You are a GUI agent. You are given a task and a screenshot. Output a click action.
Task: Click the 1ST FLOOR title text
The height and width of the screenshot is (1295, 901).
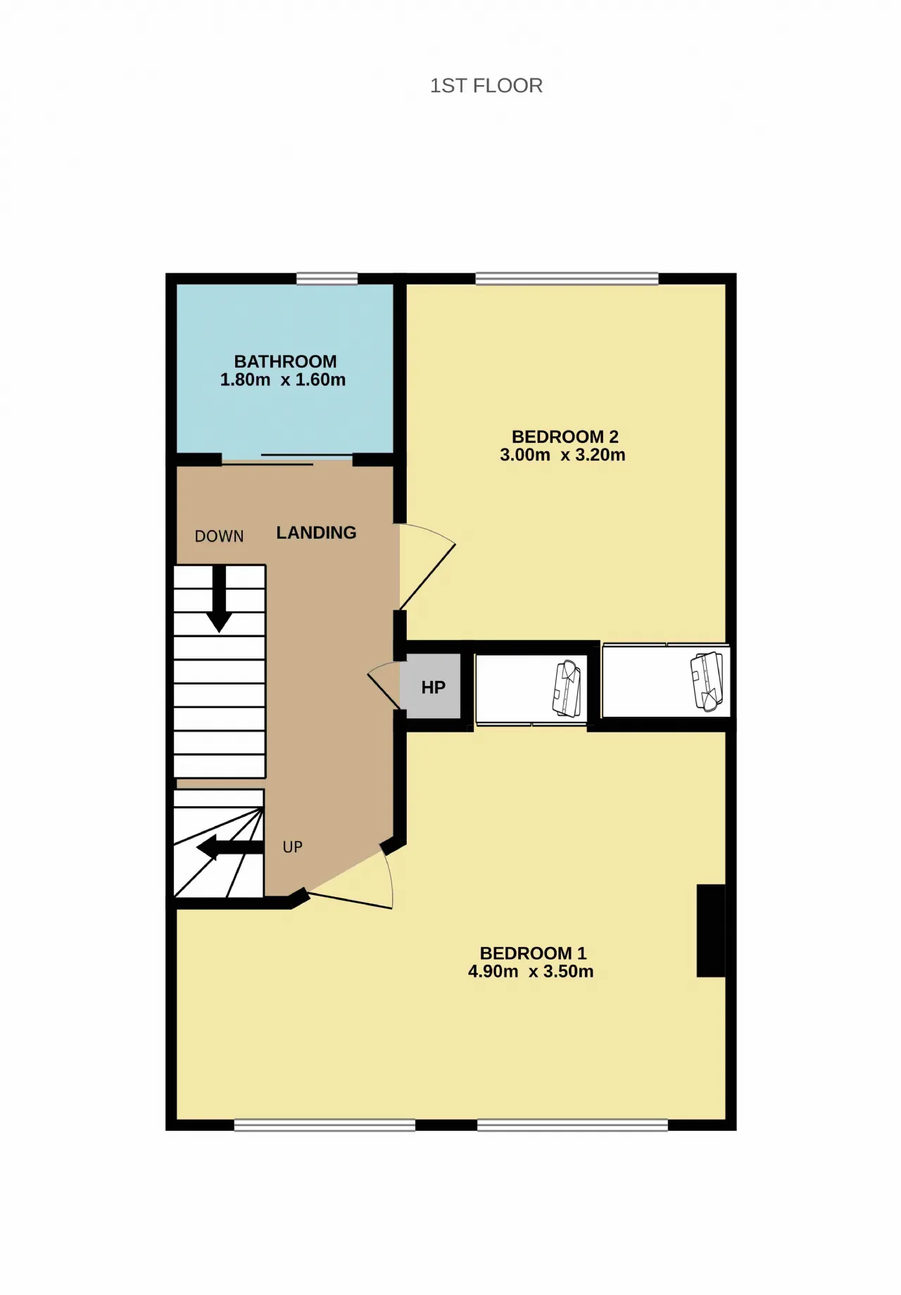coord(486,86)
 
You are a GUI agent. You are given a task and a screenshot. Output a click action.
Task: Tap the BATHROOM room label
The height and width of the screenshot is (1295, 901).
coord(285,361)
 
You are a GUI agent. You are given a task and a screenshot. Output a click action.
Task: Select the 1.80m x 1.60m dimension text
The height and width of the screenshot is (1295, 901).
coord(283,380)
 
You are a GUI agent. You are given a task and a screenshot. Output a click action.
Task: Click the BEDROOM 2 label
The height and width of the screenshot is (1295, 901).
coord(565,437)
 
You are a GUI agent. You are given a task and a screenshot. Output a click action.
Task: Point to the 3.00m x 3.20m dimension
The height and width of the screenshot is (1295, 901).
coord(562,455)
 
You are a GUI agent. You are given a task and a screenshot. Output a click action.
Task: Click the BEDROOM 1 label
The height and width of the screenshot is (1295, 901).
coord(533,953)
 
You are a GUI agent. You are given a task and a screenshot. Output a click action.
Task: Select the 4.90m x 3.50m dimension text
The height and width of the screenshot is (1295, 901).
coord(531,972)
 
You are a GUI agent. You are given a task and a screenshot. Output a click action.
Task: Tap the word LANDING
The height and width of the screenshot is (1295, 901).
coord(316,533)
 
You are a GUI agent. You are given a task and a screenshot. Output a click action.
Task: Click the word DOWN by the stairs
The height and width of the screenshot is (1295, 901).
coord(220,537)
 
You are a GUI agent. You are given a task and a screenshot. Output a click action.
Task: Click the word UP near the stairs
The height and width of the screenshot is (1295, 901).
coord(293,847)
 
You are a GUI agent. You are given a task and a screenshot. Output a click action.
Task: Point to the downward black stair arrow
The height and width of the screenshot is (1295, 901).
coord(219,599)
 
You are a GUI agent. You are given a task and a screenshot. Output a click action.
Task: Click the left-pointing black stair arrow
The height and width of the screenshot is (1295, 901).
coord(229,848)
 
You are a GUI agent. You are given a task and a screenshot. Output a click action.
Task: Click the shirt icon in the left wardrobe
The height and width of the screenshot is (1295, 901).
coord(567,688)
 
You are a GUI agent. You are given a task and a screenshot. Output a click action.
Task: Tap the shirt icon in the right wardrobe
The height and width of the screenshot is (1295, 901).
coord(707,681)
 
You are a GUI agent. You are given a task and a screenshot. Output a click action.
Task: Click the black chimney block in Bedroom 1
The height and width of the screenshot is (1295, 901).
coord(710,930)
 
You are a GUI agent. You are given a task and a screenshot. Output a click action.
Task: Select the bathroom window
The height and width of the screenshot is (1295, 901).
coord(327,279)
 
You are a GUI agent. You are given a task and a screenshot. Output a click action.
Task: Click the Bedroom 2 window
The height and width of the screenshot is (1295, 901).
coord(567,279)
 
